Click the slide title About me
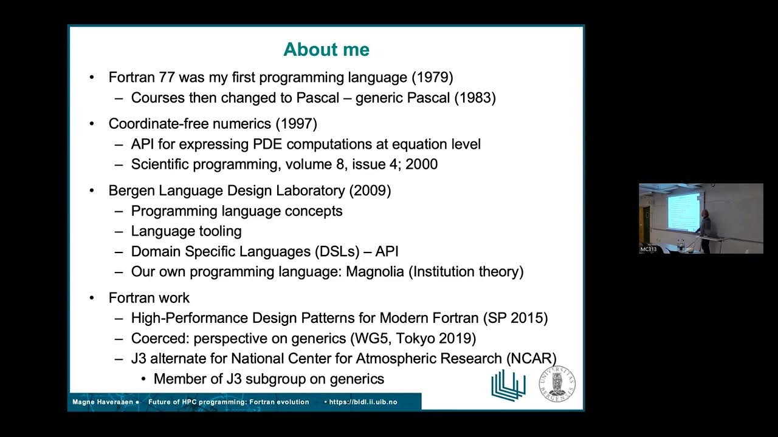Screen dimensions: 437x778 pyautogui.click(x=326, y=50)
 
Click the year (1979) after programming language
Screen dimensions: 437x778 pyautogui.click(x=432, y=78)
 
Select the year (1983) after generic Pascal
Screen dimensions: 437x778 pyautogui.click(x=475, y=98)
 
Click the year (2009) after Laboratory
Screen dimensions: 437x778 pyautogui.click(x=370, y=191)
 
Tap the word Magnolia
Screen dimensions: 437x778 pyautogui.click(x=374, y=271)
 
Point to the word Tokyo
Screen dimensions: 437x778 pyautogui.click(x=419, y=338)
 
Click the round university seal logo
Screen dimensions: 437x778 pyautogui.click(x=557, y=383)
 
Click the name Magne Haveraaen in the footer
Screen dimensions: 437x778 pyautogui.click(x=103, y=402)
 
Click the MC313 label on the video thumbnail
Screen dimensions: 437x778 pyautogui.click(x=648, y=249)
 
